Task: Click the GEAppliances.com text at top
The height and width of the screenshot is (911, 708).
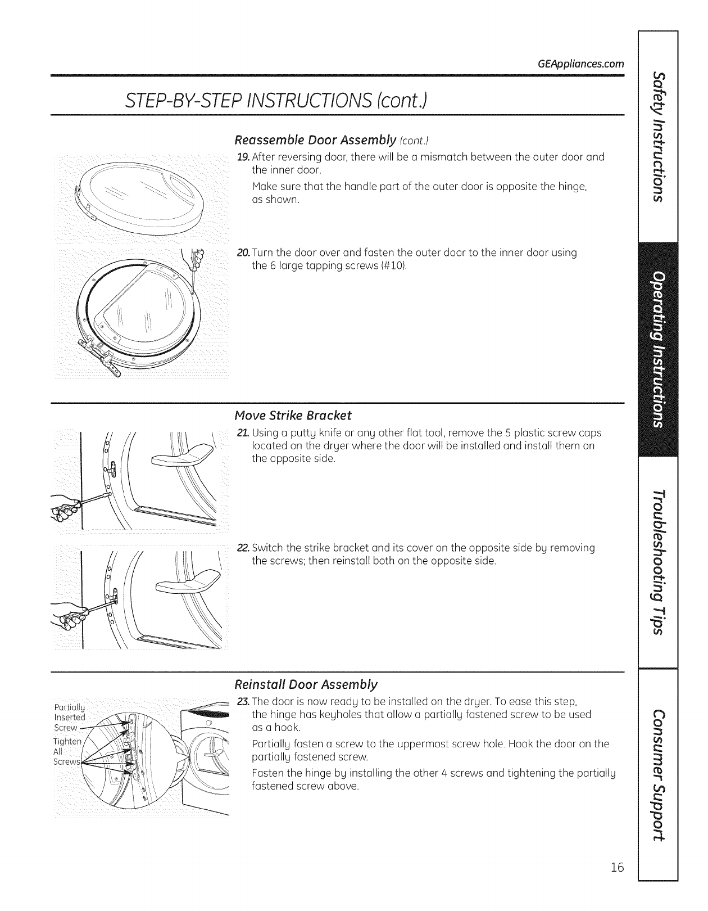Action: point(581,64)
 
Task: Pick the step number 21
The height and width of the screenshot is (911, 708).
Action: point(242,433)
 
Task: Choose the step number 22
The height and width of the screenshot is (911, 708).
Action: point(243,548)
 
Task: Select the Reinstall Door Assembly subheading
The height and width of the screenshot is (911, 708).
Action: point(306,684)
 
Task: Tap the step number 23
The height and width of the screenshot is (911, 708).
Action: point(243,702)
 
